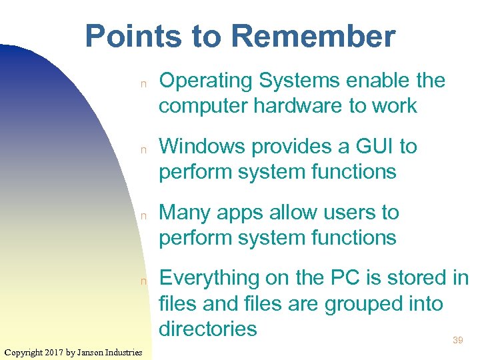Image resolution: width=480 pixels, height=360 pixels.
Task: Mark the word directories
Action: [208, 329]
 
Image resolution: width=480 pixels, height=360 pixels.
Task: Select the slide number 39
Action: [458, 341]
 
